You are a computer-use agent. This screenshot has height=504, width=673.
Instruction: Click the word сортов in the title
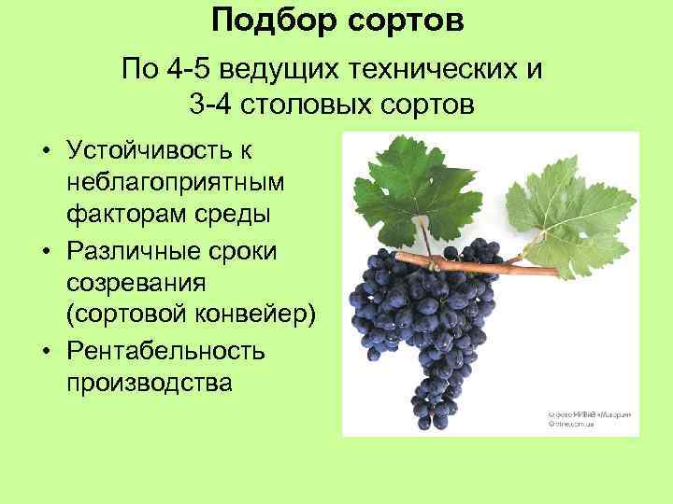(x=408, y=21)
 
